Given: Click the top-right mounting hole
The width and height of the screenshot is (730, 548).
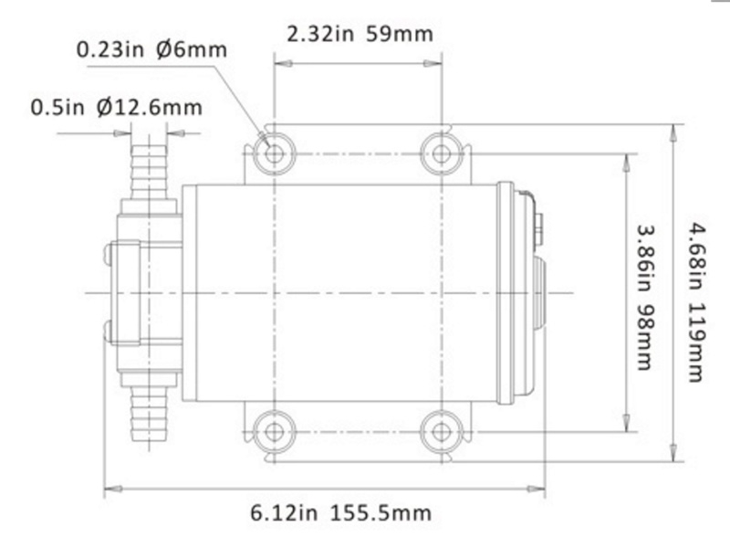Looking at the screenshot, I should [x=441, y=153].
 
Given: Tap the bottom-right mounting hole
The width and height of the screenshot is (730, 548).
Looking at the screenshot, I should [x=441, y=430].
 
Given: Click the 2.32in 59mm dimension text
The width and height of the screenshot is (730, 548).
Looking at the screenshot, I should [x=360, y=36].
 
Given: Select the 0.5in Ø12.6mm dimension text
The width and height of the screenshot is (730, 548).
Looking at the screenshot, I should [x=117, y=107].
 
